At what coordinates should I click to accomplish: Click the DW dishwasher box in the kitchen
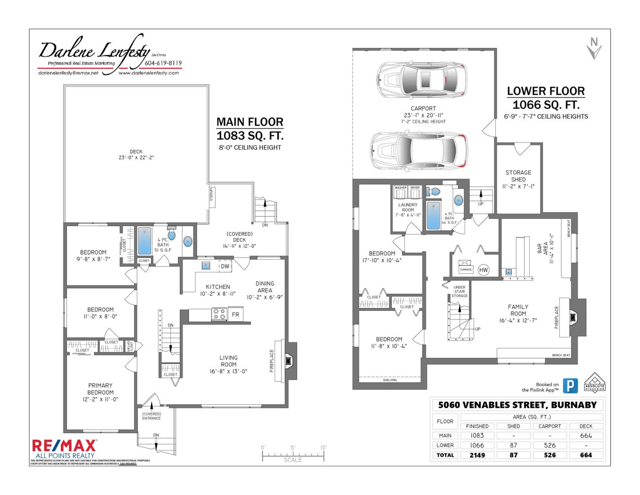[225, 266]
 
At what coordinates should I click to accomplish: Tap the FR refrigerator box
[235, 314]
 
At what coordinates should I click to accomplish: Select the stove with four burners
[219, 314]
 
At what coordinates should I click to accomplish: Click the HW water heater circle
[483, 270]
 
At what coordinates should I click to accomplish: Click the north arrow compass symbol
[594, 48]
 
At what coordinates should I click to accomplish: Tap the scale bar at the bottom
[293, 455]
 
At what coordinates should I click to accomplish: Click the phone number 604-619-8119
[163, 63]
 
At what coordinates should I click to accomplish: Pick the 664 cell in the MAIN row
[586, 435]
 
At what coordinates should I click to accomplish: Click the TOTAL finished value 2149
[477, 455]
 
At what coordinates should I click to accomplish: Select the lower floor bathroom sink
[458, 200]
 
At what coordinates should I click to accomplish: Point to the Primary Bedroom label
[100, 392]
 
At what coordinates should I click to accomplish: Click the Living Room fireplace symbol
[289, 361]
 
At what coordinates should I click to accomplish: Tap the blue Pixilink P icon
[570, 385]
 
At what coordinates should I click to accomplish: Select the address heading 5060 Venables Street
[517, 405]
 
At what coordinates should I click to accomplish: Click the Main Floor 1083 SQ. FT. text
[250, 135]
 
